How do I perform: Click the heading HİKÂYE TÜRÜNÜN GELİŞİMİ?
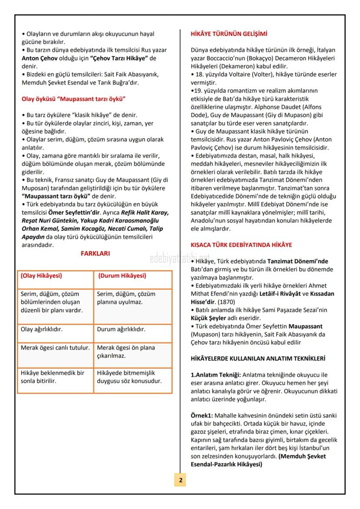tap(229, 34)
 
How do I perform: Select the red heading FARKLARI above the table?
tap(95, 253)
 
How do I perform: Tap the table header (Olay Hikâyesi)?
tap(42, 276)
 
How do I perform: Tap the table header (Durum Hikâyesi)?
tap(122, 276)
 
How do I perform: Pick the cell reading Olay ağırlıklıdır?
tap(42, 329)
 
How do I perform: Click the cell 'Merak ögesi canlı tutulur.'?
tap(55, 348)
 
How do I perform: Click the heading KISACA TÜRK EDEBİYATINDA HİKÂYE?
tap(241, 245)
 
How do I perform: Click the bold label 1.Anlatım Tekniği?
tap(216, 375)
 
